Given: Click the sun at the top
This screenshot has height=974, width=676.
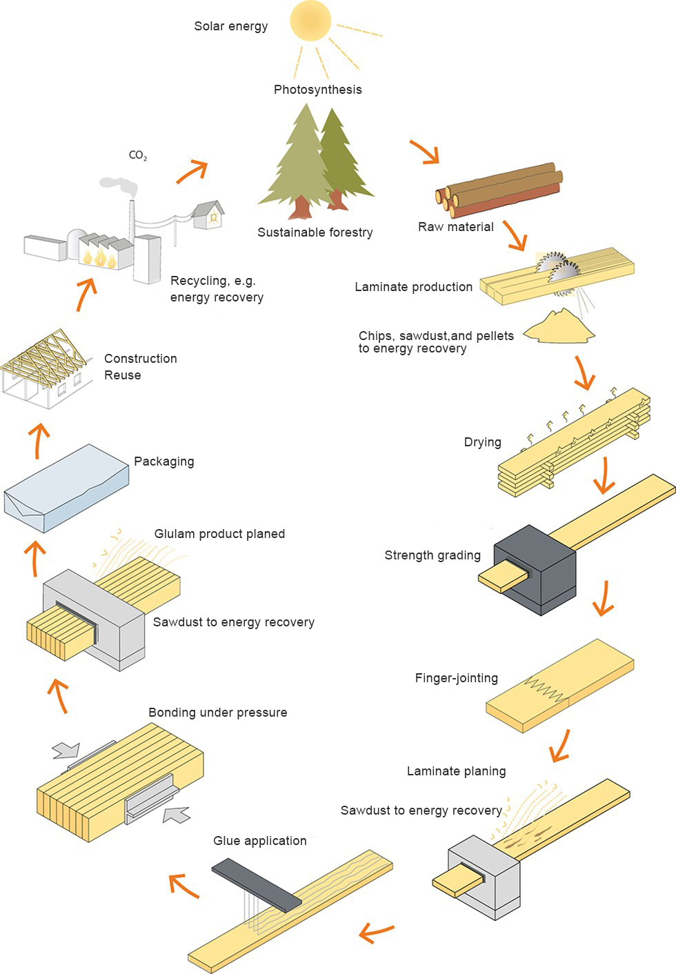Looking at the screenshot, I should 311,21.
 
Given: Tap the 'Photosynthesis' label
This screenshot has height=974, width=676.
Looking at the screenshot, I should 317,90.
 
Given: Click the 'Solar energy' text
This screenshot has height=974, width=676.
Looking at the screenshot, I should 230,26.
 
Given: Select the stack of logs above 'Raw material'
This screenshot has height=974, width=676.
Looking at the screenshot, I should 499,190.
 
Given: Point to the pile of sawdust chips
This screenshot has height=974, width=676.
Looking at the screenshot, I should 560,327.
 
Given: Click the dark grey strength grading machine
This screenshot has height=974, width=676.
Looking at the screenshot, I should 536,569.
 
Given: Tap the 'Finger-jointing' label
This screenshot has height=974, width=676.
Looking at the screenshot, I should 456,678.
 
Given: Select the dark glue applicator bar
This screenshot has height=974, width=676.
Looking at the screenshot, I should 256,884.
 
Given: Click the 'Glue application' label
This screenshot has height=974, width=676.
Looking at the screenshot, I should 259,841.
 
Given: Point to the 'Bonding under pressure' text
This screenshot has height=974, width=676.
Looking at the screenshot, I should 217,713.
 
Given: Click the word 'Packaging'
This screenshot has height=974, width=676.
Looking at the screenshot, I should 163,461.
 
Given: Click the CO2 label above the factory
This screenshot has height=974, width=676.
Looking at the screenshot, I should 137,155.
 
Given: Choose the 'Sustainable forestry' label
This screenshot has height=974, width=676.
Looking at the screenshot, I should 315,232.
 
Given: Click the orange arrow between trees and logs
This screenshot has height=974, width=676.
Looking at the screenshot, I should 425,152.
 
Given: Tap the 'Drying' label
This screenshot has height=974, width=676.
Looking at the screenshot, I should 482,442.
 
